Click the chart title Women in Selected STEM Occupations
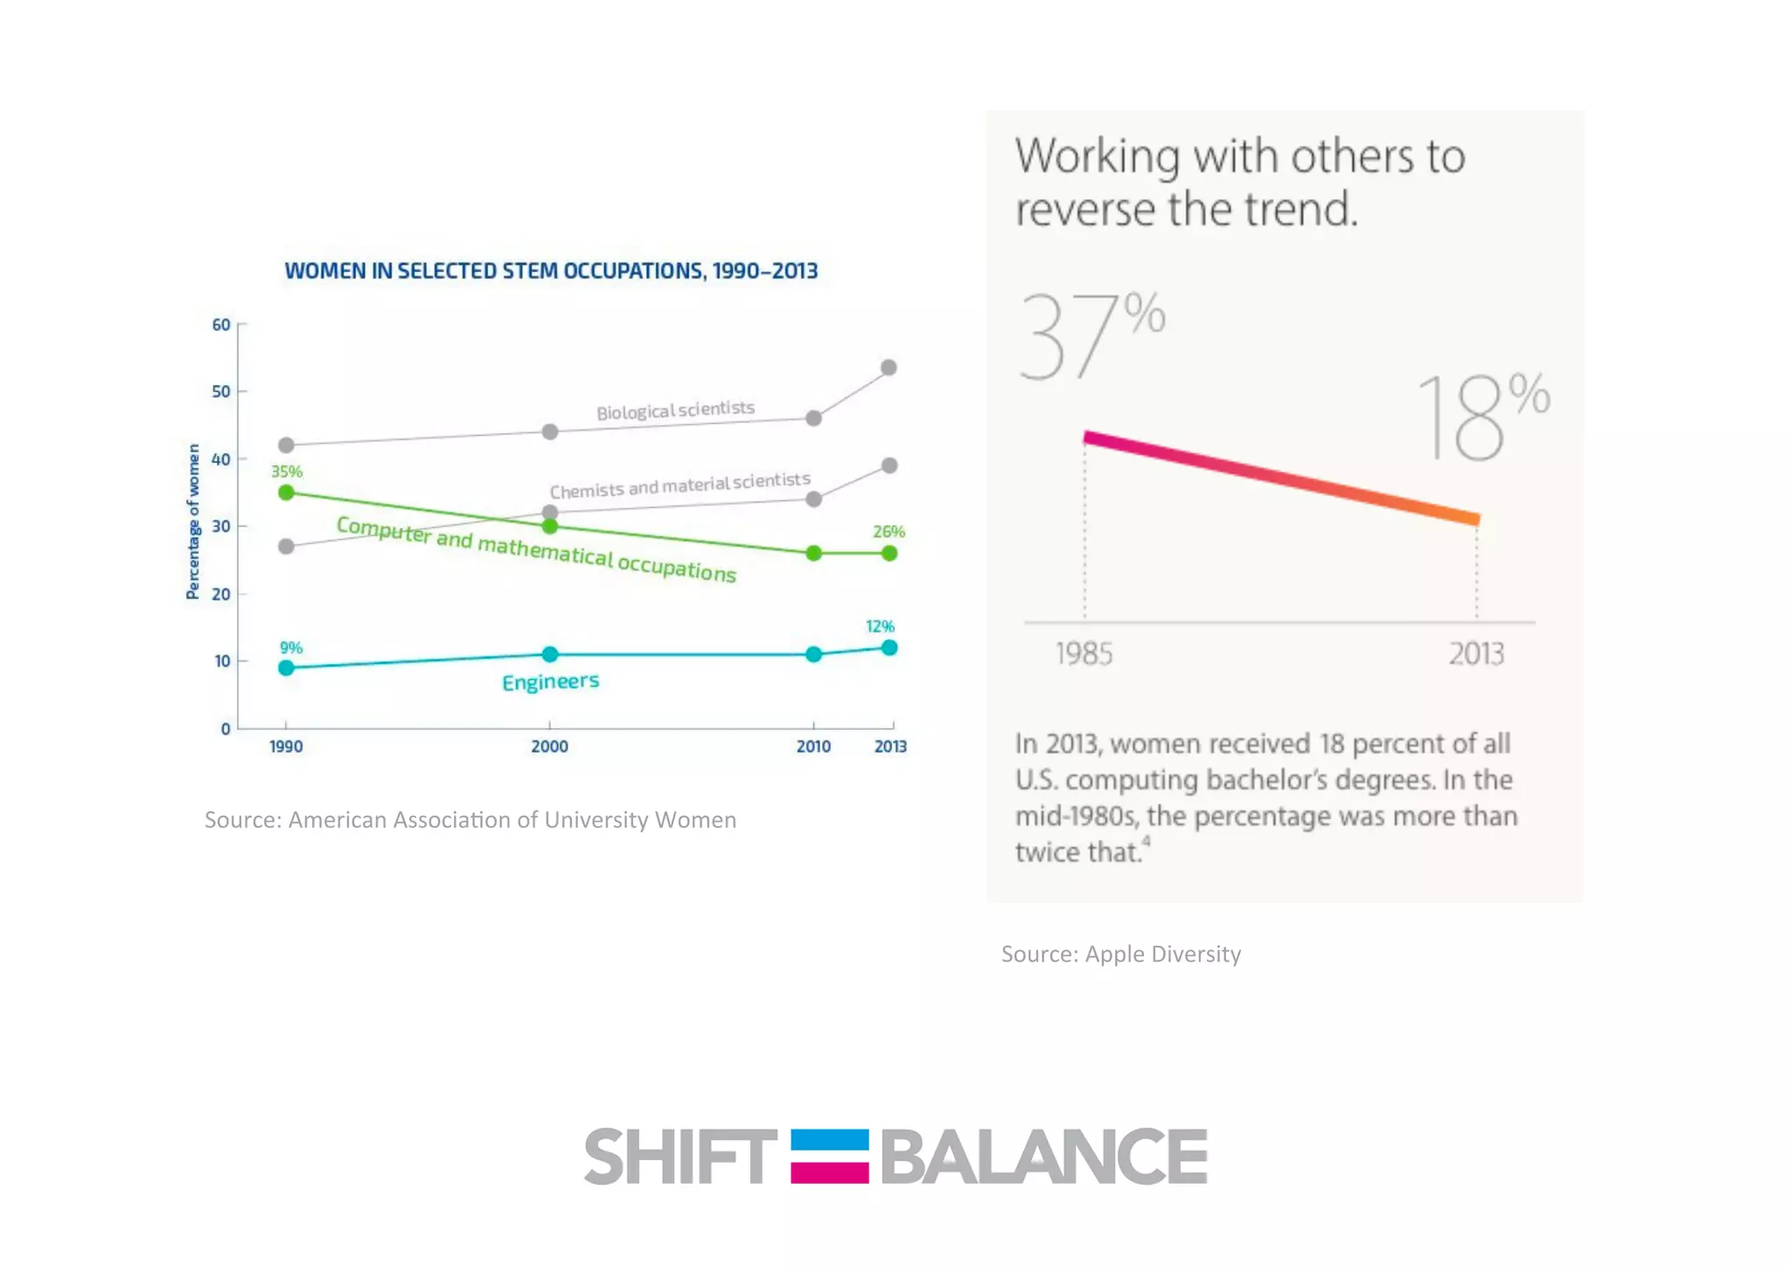551,271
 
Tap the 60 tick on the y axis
221,325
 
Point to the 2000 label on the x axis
549,746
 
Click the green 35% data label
287,472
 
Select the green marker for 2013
889,553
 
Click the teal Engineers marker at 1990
286,668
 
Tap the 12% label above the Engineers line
880,626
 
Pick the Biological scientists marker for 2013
889,367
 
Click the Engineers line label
550,682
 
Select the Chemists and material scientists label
679,485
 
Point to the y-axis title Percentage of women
193,521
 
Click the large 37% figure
1091,337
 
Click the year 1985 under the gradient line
1084,654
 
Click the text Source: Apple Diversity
1120,954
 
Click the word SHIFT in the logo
679,1157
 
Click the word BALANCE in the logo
1043,1157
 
